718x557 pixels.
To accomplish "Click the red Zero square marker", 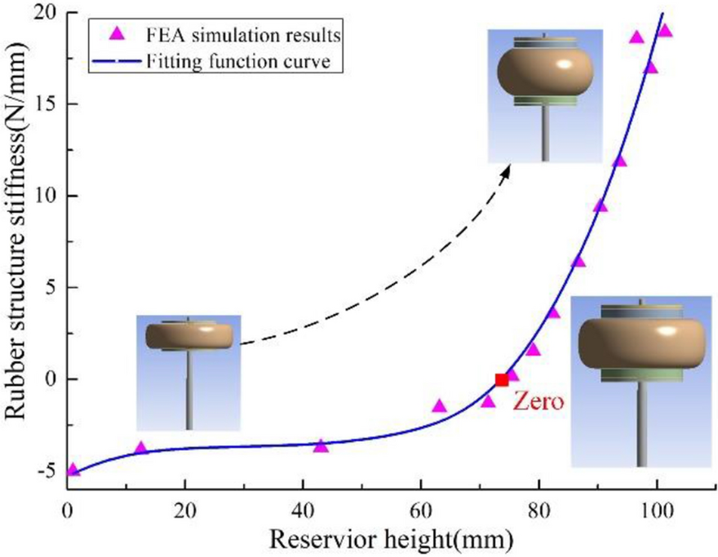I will coord(502,379).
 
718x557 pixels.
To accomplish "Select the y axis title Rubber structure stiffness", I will coord(18,245).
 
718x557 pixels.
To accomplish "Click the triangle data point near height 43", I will coord(321,446).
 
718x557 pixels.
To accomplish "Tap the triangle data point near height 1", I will coord(73,470).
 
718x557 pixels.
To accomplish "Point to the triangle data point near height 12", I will coord(140,448).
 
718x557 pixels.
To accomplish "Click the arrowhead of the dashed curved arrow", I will coord(507,169).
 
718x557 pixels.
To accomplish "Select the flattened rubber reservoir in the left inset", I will coord(189,334).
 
